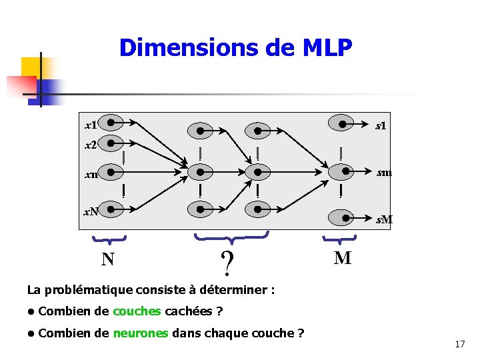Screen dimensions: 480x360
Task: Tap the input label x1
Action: pyautogui.click(x=91, y=125)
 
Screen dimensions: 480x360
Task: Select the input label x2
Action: pyautogui.click(x=91, y=144)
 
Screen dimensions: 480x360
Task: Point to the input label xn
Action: pyautogui.click(x=91, y=175)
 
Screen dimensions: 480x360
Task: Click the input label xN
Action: pyautogui.click(x=91, y=212)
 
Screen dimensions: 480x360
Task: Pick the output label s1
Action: pyautogui.click(x=381, y=125)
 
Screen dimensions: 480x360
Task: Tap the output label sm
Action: pyautogui.click(x=383, y=173)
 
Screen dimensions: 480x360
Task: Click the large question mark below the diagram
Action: pyautogui.click(x=228, y=264)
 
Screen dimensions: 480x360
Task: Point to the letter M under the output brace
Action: pyautogui.click(x=342, y=258)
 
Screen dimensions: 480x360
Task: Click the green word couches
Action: pyautogui.click(x=137, y=311)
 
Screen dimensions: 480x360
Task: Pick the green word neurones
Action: pyautogui.click(x=141, y=333)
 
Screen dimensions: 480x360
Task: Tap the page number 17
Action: pyautogui.click(x=459, y=344)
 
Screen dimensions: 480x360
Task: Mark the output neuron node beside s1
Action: pyautogui.click(x=343, y=123)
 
